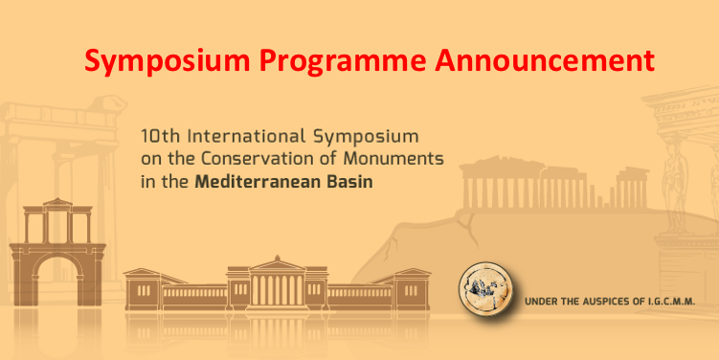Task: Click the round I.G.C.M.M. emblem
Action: tap(485, 289)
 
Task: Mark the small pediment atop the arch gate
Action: tap(57, 203)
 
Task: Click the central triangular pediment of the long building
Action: tap(278, 264)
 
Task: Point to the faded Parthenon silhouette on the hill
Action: tap(554, 183)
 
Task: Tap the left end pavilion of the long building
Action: tap(144, 289)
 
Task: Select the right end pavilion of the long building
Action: tap(411, 289)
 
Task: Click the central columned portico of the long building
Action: tap(278, 289)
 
